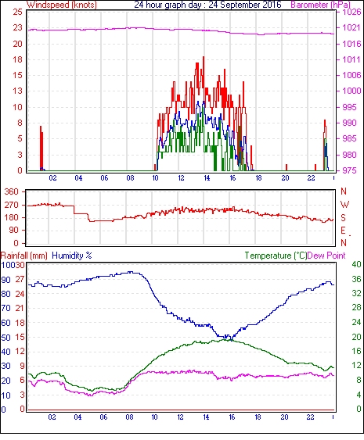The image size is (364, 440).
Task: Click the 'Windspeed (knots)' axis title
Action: [62, 5]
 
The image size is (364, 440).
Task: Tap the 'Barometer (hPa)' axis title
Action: [320, 5]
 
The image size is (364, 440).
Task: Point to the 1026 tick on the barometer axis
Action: [351, 12]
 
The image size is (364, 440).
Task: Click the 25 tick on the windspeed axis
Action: [17, 12]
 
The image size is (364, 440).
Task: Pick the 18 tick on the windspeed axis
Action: [17, 59]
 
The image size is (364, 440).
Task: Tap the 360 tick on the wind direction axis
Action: [11, 192]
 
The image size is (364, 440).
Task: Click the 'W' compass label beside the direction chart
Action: [344, 205]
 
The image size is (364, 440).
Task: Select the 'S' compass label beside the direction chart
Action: [343, 218]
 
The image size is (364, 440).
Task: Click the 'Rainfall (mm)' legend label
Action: [24, 256]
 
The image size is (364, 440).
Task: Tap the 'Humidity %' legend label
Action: [72, 256]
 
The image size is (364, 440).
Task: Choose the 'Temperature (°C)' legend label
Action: [276, 256]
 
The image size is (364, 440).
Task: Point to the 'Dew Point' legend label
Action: [326, 256]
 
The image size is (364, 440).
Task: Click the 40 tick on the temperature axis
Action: [356, 264]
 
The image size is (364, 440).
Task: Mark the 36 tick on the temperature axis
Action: [356, 279]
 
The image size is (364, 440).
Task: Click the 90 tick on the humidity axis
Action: [6, 280]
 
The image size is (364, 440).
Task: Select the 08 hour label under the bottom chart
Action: [129, 417]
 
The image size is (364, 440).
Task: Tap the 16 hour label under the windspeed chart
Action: [232, 178]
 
